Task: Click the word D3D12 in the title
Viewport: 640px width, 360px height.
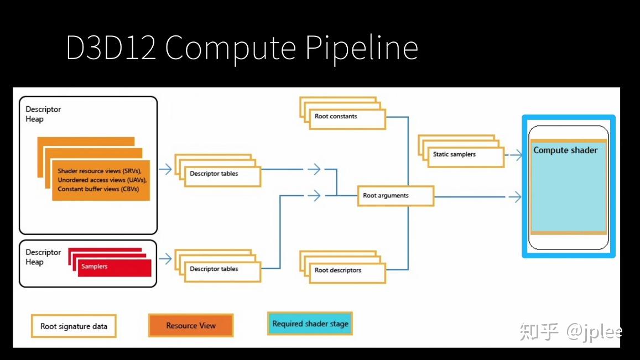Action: click(x=111, y=48)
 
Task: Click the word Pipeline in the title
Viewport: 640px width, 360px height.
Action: click(x=361, y=48)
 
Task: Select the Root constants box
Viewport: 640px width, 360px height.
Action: click(x=347, y=118)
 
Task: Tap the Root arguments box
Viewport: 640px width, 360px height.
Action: click(x=395, y=196)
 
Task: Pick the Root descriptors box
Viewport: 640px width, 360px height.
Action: click(x=347, y=272)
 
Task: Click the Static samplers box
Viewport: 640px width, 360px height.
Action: click(x=465, y=156)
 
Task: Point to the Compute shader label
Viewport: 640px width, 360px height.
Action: click(x=565, y=150)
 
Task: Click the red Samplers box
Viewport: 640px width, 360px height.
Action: click(x=113, y=267)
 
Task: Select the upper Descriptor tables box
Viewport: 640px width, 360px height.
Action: click(x=222, y=175)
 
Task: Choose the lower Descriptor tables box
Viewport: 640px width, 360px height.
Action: click(x=222, y=270)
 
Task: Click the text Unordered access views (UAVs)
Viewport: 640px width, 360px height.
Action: click(x=102, y=180)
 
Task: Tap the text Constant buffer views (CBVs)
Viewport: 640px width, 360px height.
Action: click(x=98, y=189)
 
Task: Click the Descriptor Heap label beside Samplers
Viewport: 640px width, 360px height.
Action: click(x=43, y=257)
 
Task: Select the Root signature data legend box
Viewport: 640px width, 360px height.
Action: click(x=74, y=326)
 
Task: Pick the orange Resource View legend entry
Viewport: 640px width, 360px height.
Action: click(x=191, y=325)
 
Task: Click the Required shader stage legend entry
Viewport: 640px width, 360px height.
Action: click(x=310, y=324)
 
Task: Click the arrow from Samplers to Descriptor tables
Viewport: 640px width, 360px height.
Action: click(x=165, y=258)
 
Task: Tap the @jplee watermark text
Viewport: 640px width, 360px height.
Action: click(x=594, y=332)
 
